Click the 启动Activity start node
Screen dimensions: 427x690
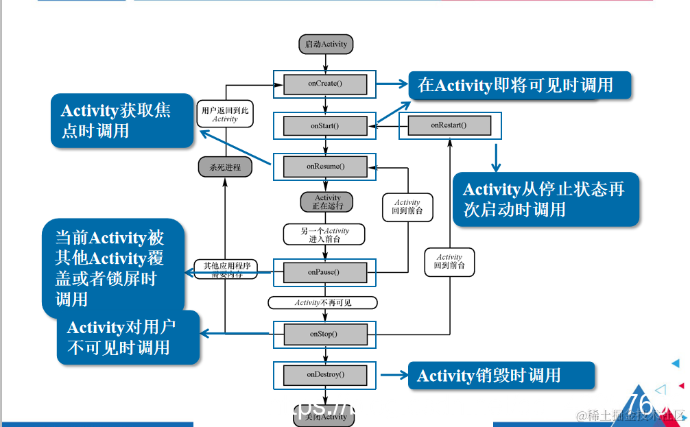[326, 44]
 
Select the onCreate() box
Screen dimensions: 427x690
[325, 84]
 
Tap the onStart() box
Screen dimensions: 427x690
[325, 126]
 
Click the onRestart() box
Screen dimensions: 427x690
[449, 125]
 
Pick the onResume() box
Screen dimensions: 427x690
[325, 167]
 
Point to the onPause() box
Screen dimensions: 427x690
[325, 272]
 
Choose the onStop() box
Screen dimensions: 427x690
[325, 334]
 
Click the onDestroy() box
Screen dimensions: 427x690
[325, 374]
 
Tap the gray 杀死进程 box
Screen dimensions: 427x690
[225, 167]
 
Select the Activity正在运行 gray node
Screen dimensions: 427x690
[327, 202]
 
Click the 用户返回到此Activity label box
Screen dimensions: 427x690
[225, 114]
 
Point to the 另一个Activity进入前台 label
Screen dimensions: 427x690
[324, 234]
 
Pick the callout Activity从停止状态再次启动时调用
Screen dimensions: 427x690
[545, 199]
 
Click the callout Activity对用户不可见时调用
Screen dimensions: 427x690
[128, 337]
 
